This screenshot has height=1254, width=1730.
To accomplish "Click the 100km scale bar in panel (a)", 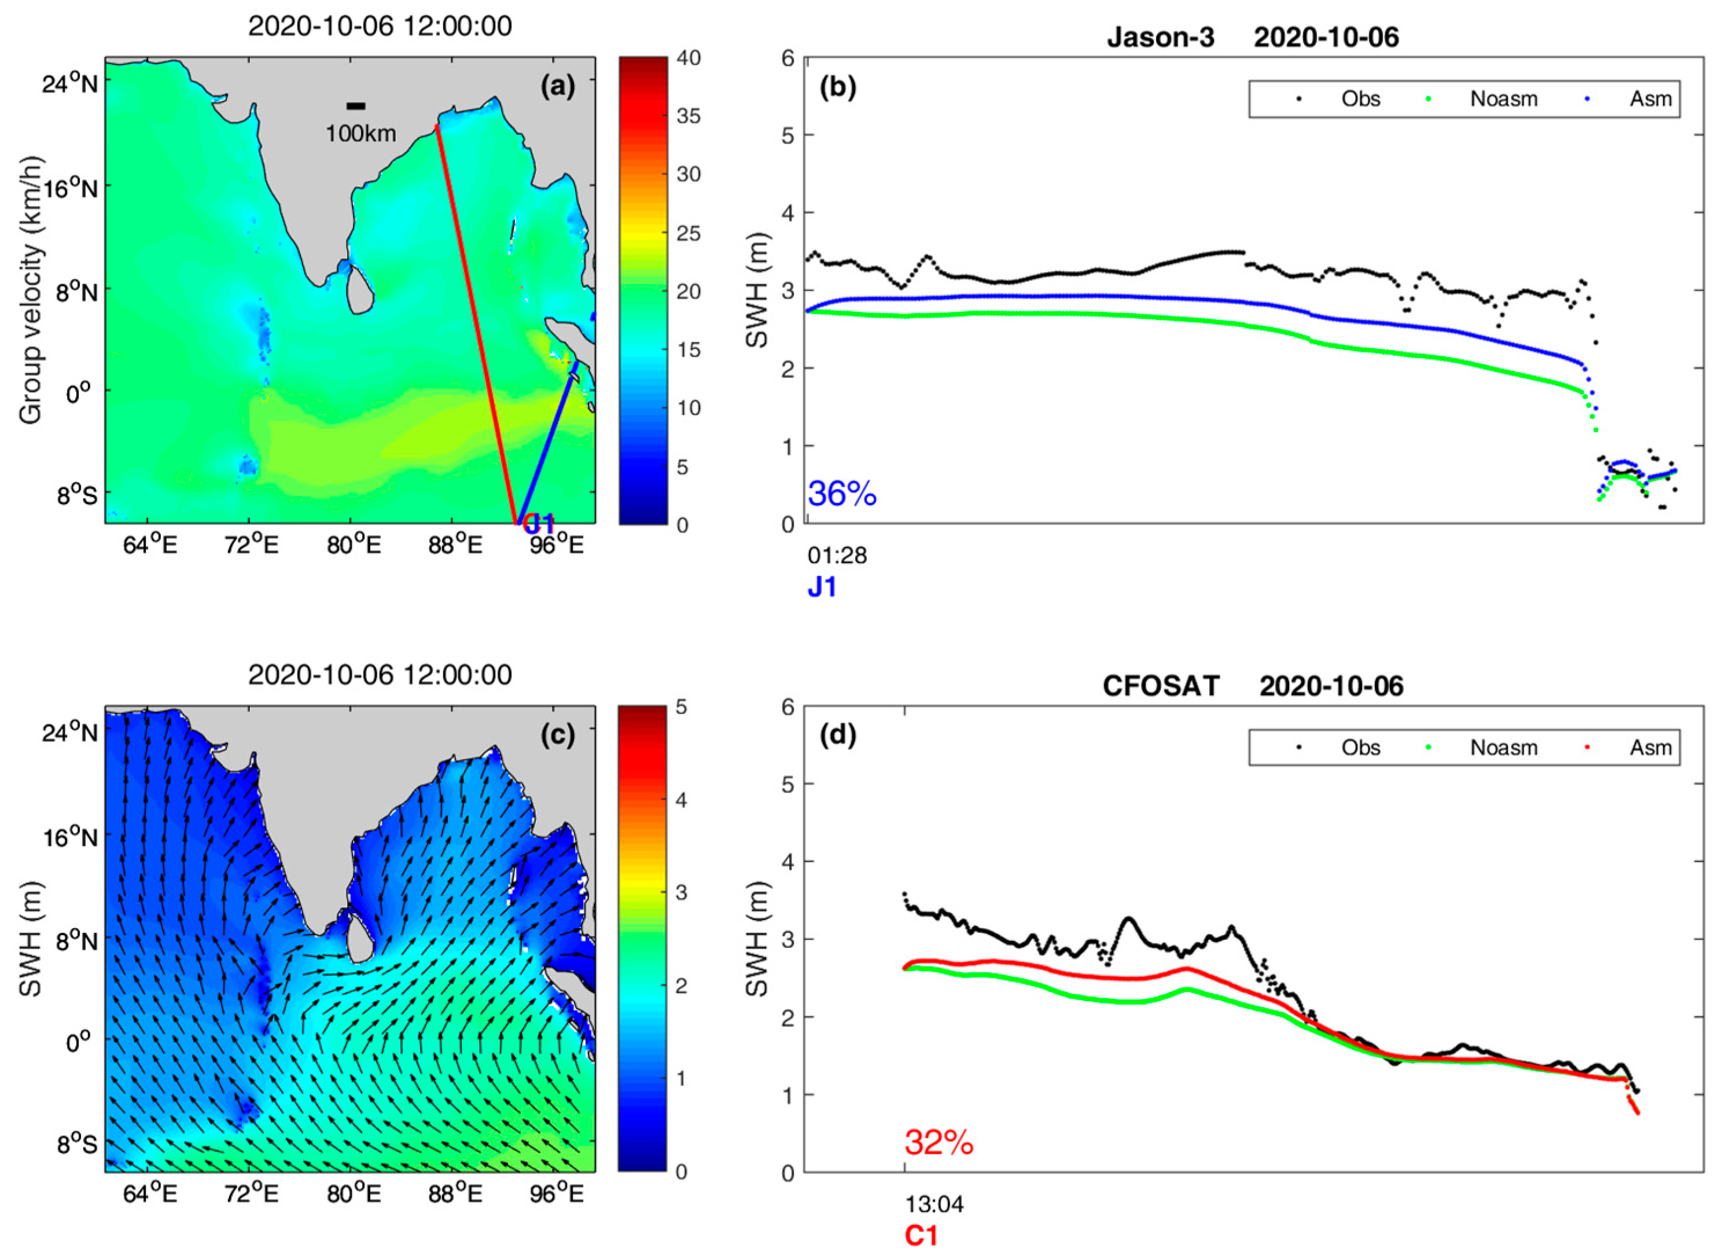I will point(355,106).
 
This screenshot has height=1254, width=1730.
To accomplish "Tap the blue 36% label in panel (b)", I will point(842,494).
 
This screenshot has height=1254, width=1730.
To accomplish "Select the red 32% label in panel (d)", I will point(939,1143).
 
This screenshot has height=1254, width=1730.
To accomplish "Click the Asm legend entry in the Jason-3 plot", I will point(1650,99).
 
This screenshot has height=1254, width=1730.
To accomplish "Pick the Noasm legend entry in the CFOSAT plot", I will point(1503,748).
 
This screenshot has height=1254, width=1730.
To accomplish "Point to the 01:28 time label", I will point(837,556).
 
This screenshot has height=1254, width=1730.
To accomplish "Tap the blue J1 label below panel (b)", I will point(822,587).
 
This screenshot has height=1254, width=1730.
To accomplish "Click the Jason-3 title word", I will point(1160,38).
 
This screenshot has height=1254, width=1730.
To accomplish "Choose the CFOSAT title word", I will point(1160,686).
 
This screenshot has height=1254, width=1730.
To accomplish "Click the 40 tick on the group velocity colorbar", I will point(688,58).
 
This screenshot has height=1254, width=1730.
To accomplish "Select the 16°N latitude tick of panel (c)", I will point(70,837).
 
